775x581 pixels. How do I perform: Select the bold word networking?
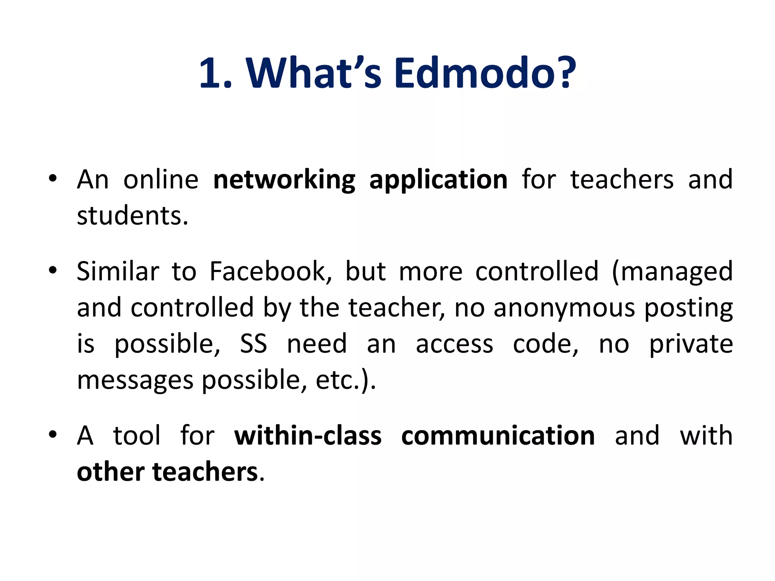pos(284,180)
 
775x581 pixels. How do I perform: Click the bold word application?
pos(438,180)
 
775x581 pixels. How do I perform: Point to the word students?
pos(132,216)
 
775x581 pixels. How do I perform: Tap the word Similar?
pos(118,272)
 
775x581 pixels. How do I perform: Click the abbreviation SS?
pos(254,344)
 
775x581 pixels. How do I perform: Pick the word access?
pos(454,344)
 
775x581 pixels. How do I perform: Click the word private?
pos(691,344)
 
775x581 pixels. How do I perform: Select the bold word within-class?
pos(308,436)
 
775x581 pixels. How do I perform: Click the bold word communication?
pos(498,436)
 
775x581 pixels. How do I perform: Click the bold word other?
pos(110,472)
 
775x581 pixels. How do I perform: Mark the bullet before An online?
pos(53,178)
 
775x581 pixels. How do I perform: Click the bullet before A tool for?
pos(53,435)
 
